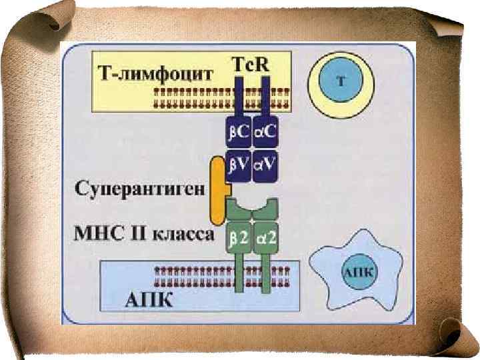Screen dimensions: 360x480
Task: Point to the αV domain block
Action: coord(265,165)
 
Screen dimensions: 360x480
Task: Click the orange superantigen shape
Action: coord(217,190)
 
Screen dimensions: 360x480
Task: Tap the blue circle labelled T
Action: coord(341,82)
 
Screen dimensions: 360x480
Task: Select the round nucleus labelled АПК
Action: coord(358,272)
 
